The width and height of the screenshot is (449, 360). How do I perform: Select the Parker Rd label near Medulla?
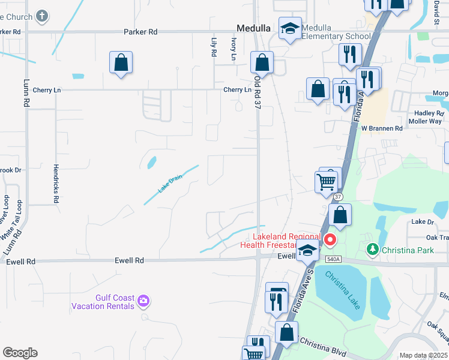click(x=140, y=31)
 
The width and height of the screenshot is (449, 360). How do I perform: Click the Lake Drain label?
click(x=170, y=183)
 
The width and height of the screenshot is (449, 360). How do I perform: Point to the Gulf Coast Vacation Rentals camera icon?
click(x=143, y=300)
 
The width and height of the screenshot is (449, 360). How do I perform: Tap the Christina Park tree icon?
click(x=372, y=248)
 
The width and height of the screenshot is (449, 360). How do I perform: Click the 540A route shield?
click(x=334, y=259)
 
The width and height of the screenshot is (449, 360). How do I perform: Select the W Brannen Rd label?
click(x=382, y=128)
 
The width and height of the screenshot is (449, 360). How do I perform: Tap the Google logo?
click(x=20, y=353)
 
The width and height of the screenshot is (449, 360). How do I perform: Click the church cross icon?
click(x=41, y=16)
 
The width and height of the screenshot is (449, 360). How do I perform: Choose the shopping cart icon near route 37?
click(x=326, y=181)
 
